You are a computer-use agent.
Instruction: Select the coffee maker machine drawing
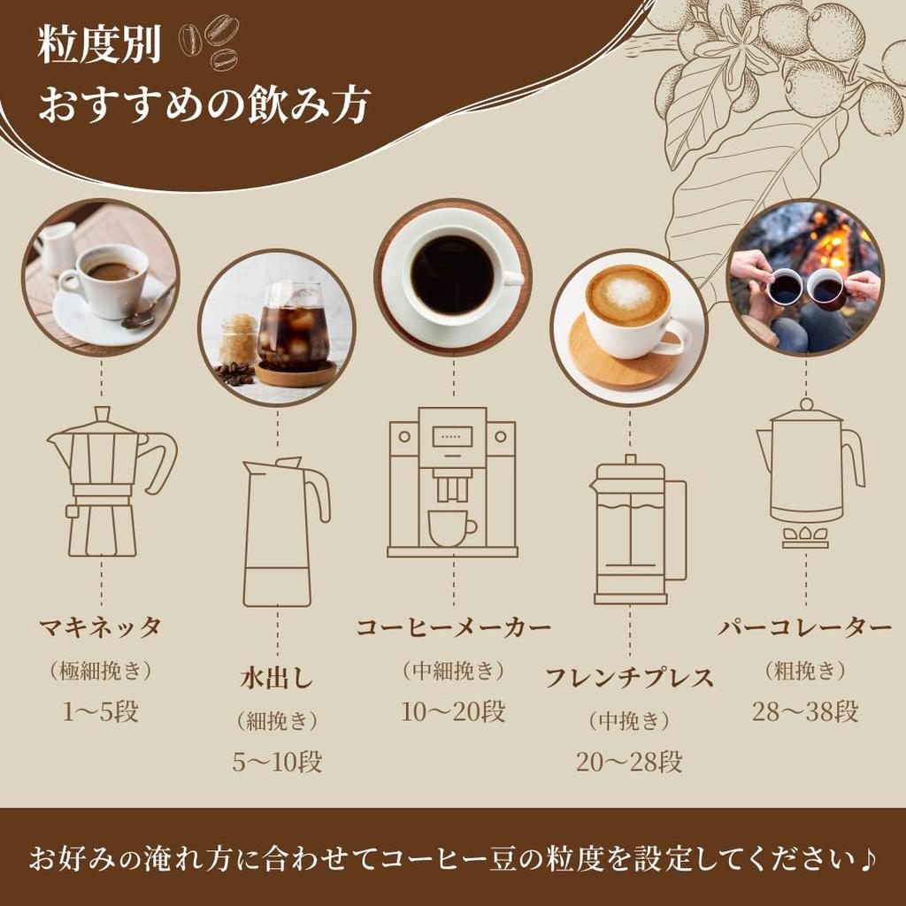[x=452, y=482]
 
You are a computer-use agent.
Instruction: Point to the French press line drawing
[x=631, y=531]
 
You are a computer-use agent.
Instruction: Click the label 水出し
[x=277, y=679]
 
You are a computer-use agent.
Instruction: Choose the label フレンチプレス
[x=629, y=679]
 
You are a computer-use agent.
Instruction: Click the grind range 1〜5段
[x=101, y=712]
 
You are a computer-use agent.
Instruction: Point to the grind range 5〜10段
[x=277, y=763]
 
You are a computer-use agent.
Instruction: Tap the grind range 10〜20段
[x=453, y=712]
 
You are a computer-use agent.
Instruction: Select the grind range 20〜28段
[x=629, y=762]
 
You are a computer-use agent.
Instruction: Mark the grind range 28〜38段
[x=805, y=712]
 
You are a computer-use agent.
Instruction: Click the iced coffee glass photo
[x=277, y=328]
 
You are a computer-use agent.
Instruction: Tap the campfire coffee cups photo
[x=805, y=277]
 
